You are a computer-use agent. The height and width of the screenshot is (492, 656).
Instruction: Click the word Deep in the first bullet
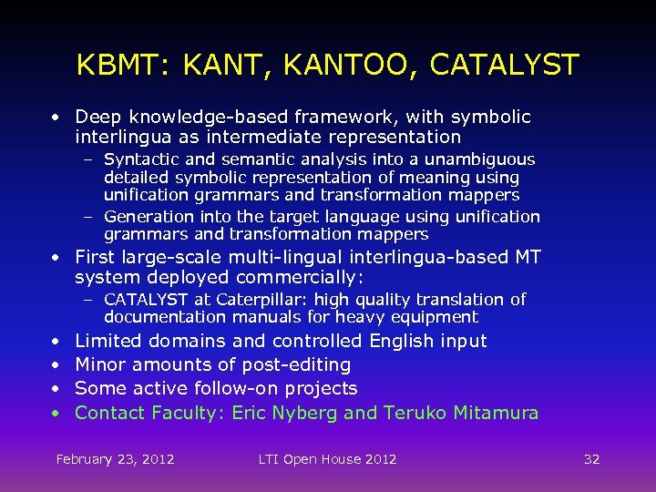point(96,118)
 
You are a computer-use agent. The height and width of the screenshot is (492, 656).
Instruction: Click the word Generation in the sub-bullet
point(149,217)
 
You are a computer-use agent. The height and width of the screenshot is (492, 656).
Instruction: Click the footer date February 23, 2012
point(115,458)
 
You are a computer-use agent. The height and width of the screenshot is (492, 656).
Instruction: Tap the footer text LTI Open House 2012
point(327,458)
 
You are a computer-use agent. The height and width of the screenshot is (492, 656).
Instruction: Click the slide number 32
point(591,458)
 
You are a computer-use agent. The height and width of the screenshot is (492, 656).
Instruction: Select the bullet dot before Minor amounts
point(56,364)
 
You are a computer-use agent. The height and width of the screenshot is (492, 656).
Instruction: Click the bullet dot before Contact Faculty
point(56,413)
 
